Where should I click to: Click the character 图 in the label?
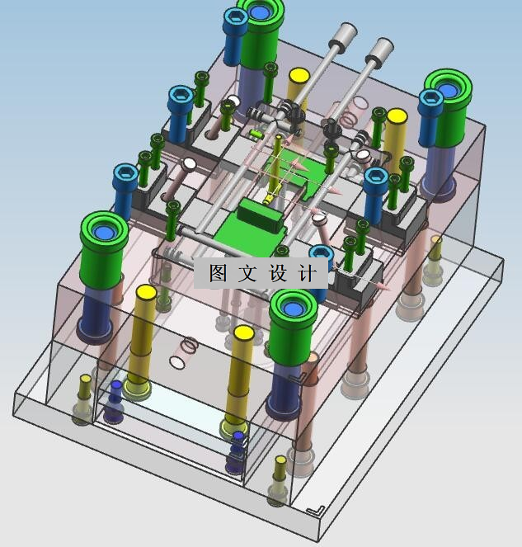[x=219, y=272]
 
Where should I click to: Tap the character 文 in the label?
[x=248, y=272]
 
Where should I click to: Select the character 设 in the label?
[x=278, y=272]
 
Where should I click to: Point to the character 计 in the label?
[x=308, y=272]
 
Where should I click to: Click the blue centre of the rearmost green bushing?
[x=260, y=12]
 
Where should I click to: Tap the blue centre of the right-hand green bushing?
[x=448, y=90]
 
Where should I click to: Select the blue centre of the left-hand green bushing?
[x=104, y=232]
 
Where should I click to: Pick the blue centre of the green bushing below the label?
[x=293, y=309]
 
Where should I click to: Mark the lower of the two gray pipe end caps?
[x=381, y=50]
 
